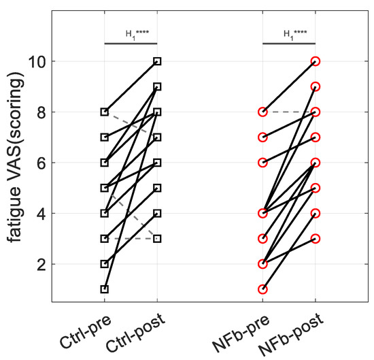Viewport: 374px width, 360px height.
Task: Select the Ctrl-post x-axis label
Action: click(141, 331)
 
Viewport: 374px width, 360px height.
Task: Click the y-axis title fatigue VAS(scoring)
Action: click(16, 163)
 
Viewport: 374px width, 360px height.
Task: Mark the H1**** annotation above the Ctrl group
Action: click(131, 33)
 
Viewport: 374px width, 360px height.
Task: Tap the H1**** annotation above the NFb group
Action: click(288, 33)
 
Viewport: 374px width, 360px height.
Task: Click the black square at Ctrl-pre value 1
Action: click(105, 289)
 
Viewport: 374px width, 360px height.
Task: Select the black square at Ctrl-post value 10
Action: click(157, 61)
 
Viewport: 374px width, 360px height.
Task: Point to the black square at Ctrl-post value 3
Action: click(157, 239)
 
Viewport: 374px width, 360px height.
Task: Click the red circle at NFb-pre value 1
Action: click(262, 289)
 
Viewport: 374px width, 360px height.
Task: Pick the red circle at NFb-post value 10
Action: click(315, 61)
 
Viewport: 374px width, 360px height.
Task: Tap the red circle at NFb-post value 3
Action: click(315, 239)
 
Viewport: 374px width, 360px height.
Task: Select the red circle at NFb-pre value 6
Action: click(262, 163)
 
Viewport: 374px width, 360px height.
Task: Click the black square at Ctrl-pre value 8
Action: click(105, 112)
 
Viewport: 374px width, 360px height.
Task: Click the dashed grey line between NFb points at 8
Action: click(288, 112)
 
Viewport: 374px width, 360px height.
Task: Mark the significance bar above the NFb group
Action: click(288, 44)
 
